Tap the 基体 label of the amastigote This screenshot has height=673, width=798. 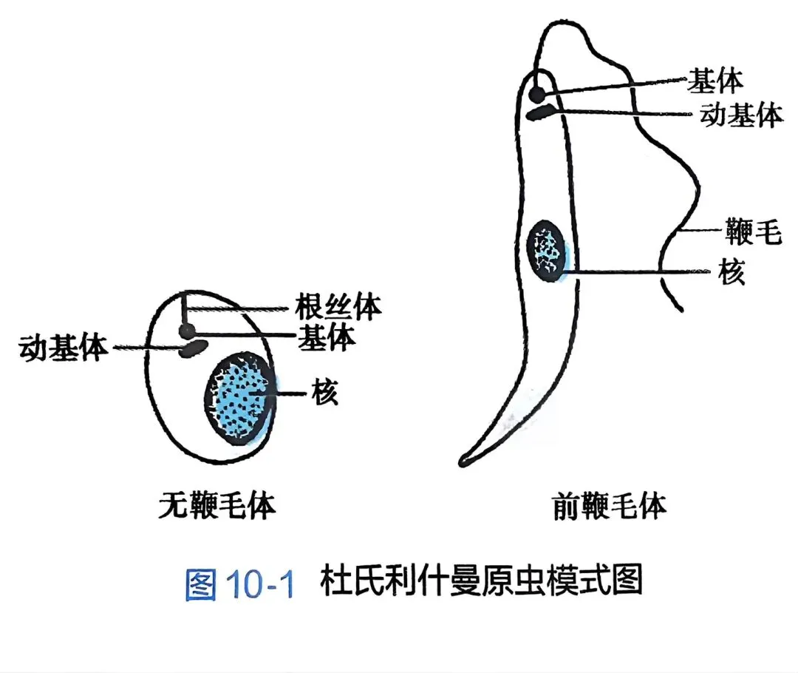click(x=327, y=337)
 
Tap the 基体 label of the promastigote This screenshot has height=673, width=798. click(x=715, y=80)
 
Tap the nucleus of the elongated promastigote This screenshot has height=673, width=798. click(x=548, y=251)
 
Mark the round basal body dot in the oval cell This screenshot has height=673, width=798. click(x=187, y=331)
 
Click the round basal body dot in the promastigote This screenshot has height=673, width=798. click(x=539, y=95)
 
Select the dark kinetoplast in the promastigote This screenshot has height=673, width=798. click(x=542, y=113)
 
